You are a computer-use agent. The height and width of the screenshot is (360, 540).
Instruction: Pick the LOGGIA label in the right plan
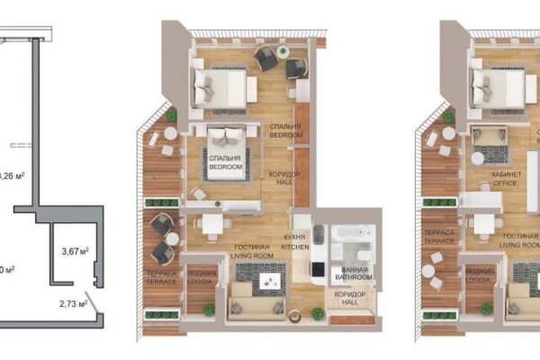click(x=478, y=275)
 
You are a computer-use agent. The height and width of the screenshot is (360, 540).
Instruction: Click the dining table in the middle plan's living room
click(x=211, y=225)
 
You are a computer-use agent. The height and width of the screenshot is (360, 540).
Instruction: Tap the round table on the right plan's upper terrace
click(x=447, y=135)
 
